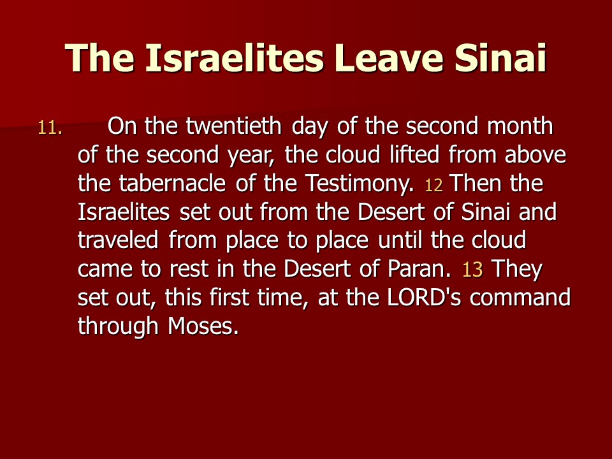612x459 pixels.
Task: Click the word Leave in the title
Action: pyautogui.click(x=389, y=58)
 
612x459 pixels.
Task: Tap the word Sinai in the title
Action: pyautogui.click(x=500, y=58)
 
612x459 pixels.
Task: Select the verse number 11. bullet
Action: pyautogui.click(x=50, y=128)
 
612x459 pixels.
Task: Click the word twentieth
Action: pyautogui.click(x=233, y=126)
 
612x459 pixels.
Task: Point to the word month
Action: pyautogui.click(x=520, y=126)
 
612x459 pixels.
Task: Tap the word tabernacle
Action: pyautogui.click(x=172, y=183)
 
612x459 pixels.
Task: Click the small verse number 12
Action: pyautogui.click(x=433, y=186)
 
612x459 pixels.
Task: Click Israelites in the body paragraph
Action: pyautogui.click(x=124, y=212)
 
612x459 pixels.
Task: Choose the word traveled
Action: pyautogui.click(x=118, y=240)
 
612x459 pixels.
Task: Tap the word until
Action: pyautogui.click(x=400, y=240)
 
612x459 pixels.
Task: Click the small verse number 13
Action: pyautogui.click(x=472, y=270)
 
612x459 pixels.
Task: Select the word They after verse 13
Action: pyautogui.click(x=517, y=270)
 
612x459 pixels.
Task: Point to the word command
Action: pyautogui.click(x=520, y=298)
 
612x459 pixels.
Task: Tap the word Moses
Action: pyautogui.click(x=203, y=326)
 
